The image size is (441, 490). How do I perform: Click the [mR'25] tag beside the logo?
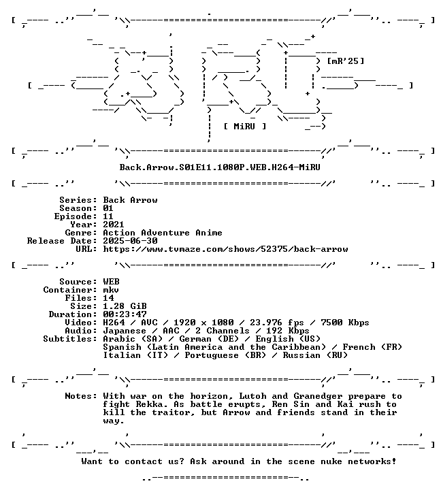345,61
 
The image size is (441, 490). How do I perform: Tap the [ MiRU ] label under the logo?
245,127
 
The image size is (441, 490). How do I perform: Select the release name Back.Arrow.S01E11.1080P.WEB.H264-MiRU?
220,167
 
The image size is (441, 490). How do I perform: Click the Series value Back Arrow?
131,200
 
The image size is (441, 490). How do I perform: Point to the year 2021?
114,225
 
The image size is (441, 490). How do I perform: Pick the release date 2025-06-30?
131,241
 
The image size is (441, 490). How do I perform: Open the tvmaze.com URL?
225,249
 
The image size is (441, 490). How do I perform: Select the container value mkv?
111,290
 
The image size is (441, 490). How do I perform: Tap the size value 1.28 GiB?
125,306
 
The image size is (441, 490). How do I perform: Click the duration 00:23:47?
125,314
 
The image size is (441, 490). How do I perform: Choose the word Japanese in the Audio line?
125,331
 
